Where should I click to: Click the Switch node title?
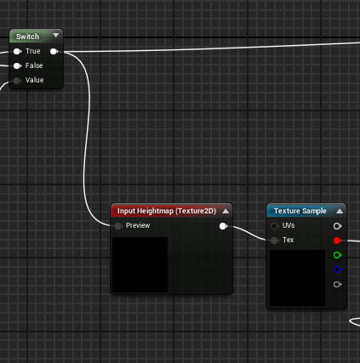pyautogui.click(x=27, y=37)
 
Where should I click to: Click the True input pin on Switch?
pyautogui.click(x=17, y=51)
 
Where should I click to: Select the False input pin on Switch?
pyautogui.click(x=17, y=66)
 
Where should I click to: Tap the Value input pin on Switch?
pyautogui.click(x=17, y=81)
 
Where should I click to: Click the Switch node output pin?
pyautogui.click(x=54, y=51)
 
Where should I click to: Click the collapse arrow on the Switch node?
pyautogui.click(x=56, y=35)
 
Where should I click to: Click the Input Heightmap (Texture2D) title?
pyautogui.click(x=167, y=211)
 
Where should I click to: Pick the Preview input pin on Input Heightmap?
pyautogui.click(x=118, y=226)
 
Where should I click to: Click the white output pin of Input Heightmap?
pyautogui.click(x=223, y=226)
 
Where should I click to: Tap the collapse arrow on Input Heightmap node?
pyautogui.click(x=226, y=211)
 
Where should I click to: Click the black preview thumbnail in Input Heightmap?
pyautogui.click(x=140, y=264)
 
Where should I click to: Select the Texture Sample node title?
pyautogui.click(x=300, y=211)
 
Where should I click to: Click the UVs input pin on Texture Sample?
pyautogui.click(x=274, y=226)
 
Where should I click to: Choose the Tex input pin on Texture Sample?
pyautogui.click(x=274, y=241)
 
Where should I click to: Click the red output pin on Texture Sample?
pyautogui.click(x=337, y=241)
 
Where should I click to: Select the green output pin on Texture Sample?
pyautogui.click(x=337, y=255)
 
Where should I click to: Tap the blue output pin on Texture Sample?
pyautogui.click(x=337, y=269)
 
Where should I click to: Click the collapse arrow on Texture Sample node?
pyautogui.click(x=340, y=211)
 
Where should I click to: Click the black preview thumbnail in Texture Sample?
pyautogui.click(x=297, y=278)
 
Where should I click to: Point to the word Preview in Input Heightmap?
pyautogui.click(x=138, y=225)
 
